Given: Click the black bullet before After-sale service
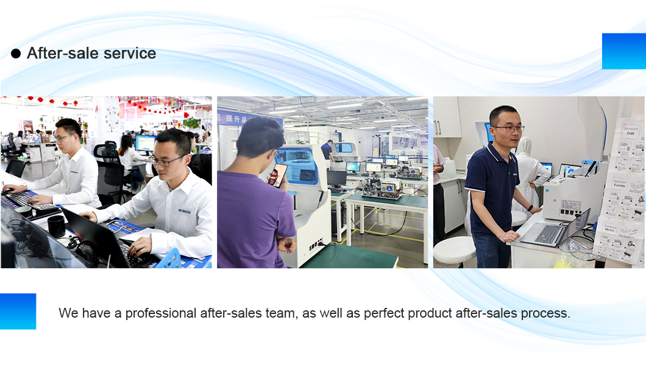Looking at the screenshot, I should click(x=16, y=54).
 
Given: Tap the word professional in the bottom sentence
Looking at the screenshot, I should click(x=161, y=313).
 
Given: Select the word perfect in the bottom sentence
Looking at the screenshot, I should click(x=385, y=313).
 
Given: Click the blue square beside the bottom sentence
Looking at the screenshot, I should click(x=18, y=311).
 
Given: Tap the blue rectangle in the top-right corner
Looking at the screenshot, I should click(x=623, y=51).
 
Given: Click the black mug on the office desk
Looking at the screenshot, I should click(x=57, y=226).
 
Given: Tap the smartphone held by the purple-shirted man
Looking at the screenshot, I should click(x=277, y=175).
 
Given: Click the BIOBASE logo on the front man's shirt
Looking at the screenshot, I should click(x=185, y=210).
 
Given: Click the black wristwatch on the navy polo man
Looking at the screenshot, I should click(x=530, y=208).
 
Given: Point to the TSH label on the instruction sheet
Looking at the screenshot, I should click(x=629, y=136).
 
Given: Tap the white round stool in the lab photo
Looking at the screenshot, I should click(x=454, y=249).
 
